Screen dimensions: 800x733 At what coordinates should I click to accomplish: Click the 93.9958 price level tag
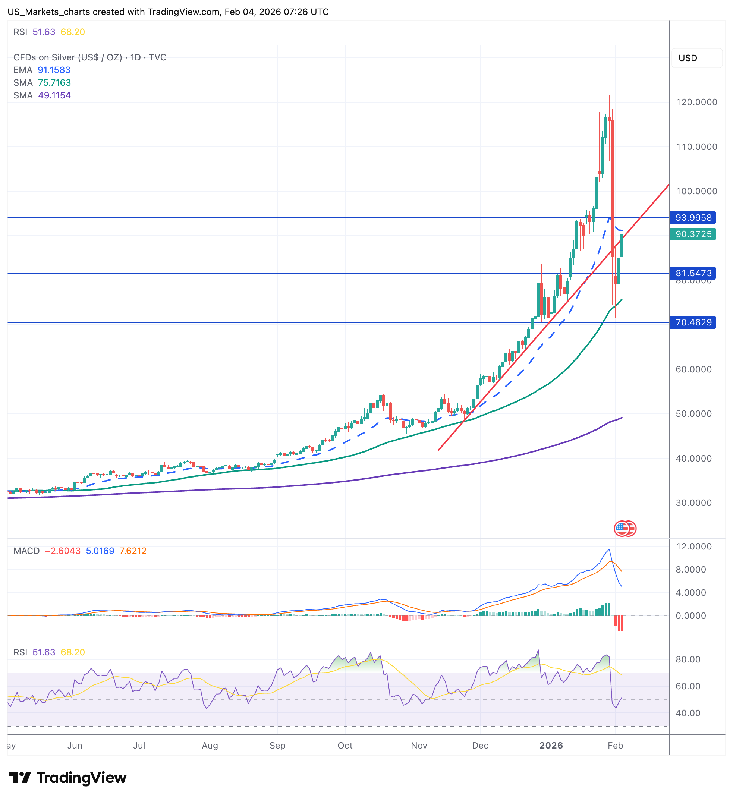692,217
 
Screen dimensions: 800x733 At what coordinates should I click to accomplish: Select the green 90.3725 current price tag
692,234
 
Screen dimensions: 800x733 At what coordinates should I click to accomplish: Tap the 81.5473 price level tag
692,273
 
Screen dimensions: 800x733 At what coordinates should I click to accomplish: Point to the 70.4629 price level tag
692,322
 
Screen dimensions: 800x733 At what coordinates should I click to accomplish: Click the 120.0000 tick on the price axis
696,102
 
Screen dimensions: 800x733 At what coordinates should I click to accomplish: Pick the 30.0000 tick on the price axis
693,503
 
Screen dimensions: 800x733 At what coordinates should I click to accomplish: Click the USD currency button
688,58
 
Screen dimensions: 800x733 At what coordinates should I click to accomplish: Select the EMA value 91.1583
54,70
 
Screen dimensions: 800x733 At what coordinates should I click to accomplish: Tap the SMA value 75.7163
54,82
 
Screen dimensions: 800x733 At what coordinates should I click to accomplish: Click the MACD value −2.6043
63,551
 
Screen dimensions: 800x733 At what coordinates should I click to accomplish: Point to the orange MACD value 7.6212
133,551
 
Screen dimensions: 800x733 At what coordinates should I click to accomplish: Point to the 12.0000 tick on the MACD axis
693,547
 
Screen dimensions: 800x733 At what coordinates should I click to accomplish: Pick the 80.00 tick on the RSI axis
688,659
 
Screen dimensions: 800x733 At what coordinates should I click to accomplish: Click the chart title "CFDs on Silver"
67,57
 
